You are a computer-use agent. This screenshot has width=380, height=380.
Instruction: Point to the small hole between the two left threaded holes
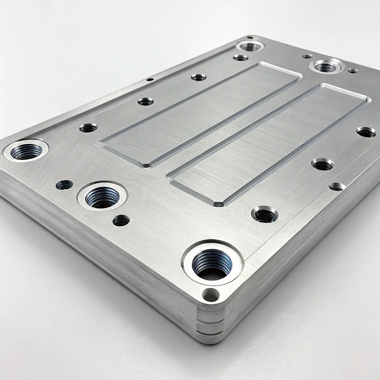[64, 184]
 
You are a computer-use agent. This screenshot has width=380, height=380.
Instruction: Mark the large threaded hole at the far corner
[251, 46]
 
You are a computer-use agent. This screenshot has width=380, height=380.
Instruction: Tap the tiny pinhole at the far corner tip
[250, 37]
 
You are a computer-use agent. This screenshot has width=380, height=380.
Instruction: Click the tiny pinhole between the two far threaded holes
[307, 56]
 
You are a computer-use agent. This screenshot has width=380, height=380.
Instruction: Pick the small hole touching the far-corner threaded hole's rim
[240, 58]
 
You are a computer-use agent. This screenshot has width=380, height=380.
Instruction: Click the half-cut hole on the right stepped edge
[337, 186]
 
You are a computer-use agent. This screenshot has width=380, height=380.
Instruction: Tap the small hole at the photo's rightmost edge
[366, 132]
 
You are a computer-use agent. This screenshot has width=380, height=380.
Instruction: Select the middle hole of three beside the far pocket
[145, 101]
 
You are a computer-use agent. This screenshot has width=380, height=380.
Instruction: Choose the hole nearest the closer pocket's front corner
[264, 214]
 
